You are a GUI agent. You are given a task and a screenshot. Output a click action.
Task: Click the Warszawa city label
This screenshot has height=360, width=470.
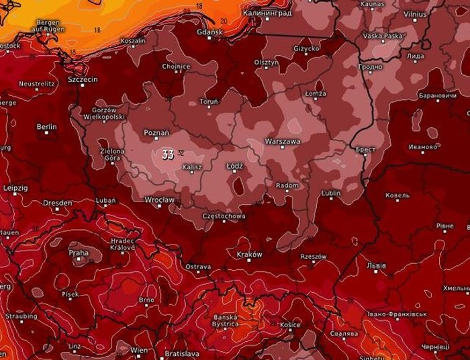pos(283,142)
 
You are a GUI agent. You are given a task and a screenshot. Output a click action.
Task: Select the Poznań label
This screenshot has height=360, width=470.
pos(156,124)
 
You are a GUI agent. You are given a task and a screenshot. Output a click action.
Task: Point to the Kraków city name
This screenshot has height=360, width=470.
pos(249,255)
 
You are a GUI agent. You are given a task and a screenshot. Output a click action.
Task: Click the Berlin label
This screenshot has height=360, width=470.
pos(46,126)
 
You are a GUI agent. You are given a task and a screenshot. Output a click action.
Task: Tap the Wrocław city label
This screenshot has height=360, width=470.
pos(160,199)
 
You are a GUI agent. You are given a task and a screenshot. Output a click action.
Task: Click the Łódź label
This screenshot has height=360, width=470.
pos(235,165)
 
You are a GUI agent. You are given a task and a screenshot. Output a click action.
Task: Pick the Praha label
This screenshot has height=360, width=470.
pos(78,253)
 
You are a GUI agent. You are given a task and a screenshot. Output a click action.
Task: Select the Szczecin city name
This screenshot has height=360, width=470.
pos(83,79)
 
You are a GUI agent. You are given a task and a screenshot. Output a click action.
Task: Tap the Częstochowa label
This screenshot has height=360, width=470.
pos(224,216)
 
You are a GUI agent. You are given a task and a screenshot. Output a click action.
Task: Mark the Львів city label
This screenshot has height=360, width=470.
pos(377,267)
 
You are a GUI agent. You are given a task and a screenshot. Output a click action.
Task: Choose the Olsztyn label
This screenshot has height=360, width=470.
pos(266,62)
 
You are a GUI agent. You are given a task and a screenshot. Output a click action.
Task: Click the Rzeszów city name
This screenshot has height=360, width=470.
pos(313,256)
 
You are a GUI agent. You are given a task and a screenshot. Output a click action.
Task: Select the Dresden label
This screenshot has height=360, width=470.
pos(57,202)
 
